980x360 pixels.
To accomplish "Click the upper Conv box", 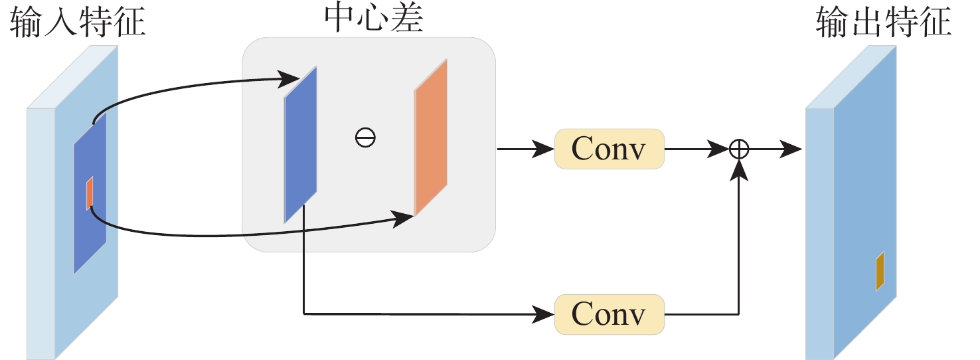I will [609, 149].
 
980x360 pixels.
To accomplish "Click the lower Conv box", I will [609, 314].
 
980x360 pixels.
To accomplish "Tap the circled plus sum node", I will [739, 149].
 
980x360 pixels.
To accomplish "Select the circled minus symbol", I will [365, 138].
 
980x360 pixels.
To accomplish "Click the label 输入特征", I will [77, 24].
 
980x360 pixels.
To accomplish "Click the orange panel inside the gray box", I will [431, 137].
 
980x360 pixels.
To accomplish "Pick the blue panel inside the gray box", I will [301, 145].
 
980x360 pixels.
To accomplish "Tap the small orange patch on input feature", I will [90, 193].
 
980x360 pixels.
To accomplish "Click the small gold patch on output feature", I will [880, 271].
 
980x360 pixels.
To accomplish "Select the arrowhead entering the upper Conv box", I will [545, 149].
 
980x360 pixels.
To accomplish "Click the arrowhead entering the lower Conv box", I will [545, 314].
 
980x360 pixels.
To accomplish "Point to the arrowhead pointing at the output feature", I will [791, 149].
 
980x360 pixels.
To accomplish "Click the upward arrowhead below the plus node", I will [739, 170].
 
